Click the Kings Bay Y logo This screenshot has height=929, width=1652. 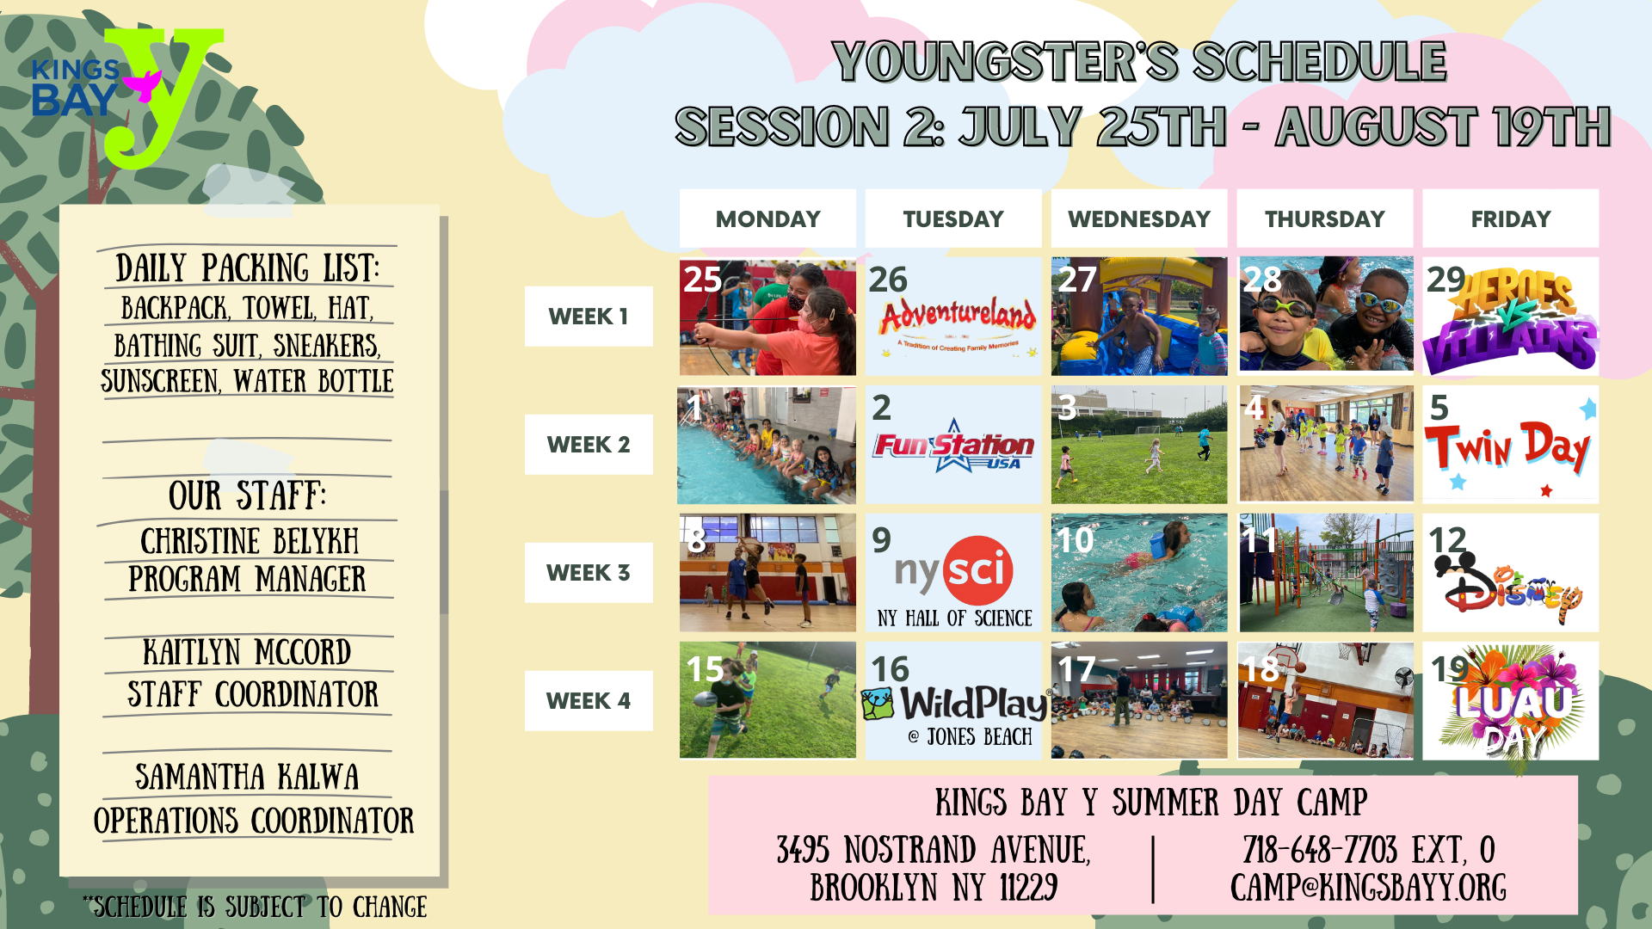coord(127,96)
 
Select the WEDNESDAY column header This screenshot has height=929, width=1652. coord(1139,218)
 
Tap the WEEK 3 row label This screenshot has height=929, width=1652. coord(589,573)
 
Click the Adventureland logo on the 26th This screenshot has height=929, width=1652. coord(957,323)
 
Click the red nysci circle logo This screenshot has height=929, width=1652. coord(978,569)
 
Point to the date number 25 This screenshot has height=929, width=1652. coord(702,279)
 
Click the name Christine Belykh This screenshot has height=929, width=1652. coord(250,541)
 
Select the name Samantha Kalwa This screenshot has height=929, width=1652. coord(247,777)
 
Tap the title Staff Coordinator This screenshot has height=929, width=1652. coord(253,694)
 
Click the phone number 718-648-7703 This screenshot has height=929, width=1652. coord(1320,850)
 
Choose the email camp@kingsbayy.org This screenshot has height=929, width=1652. coord(1368,888)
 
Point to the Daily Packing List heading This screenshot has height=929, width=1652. coord(248,268)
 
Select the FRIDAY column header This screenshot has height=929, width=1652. coord(1511,218)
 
